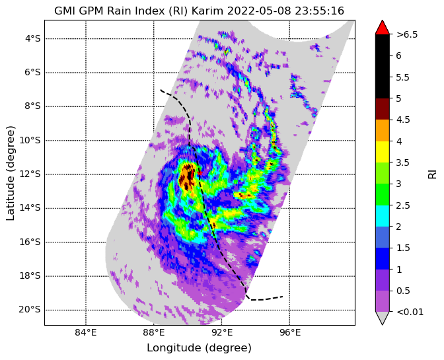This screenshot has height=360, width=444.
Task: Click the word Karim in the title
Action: point(208,11)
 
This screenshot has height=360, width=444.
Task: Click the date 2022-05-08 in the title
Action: point(260,11)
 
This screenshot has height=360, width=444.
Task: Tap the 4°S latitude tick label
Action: point(33,38)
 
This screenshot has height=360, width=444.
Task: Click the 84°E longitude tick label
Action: point(86,333)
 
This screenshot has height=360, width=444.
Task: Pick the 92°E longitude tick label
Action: point(222,333)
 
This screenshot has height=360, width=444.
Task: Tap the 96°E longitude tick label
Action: point(289,333)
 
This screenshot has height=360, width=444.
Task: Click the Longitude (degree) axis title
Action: point(199,348)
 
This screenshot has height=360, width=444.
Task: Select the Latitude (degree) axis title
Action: point(11,173)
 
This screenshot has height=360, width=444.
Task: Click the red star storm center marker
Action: point(200,172)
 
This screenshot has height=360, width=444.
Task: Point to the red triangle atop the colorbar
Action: point(383,28)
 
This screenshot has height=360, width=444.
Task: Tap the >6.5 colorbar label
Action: point(407,34)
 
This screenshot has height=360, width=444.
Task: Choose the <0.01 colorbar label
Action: point(410,312)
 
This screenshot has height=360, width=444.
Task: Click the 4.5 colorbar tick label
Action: point(403,120)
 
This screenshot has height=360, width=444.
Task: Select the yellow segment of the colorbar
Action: point(383,152)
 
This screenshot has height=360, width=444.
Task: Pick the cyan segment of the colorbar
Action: point(383,216)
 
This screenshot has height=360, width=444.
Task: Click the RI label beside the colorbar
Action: point(432,174)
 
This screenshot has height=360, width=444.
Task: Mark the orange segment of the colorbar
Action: point(383,131)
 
